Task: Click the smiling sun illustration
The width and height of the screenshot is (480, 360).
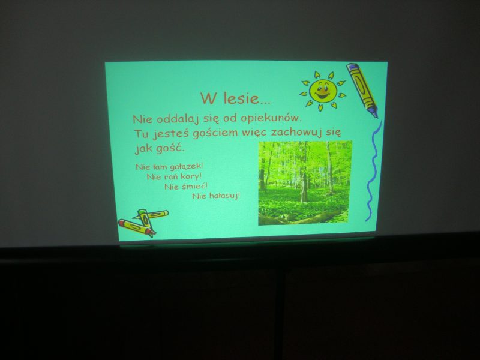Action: (322, 91)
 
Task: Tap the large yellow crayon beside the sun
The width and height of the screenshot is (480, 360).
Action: (362, 89)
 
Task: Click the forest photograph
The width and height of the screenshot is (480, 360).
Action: (305, 183)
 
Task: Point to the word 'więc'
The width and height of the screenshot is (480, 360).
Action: (254, 133)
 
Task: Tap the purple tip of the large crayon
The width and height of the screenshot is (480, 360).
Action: (373, 112)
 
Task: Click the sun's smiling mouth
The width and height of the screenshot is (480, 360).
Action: (322, 96)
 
